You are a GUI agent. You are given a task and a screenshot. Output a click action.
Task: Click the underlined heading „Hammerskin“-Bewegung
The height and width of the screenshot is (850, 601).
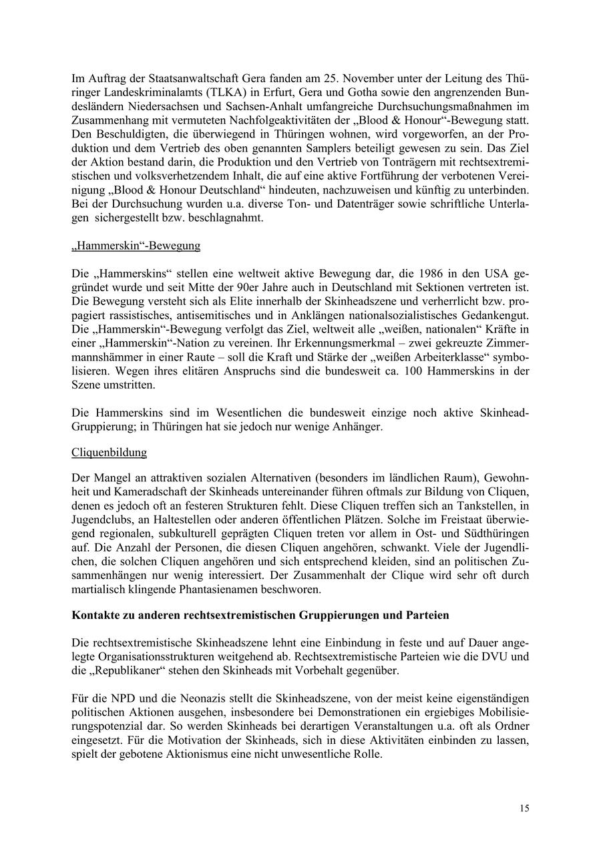tap(136, 246)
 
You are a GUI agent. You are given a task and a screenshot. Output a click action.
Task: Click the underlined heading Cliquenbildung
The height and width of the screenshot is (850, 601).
tap(109, 453)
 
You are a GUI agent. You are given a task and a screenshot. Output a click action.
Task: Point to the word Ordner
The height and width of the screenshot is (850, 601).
tap(512, 726)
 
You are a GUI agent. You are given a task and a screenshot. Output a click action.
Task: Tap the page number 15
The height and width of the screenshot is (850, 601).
tap(524, 809)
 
